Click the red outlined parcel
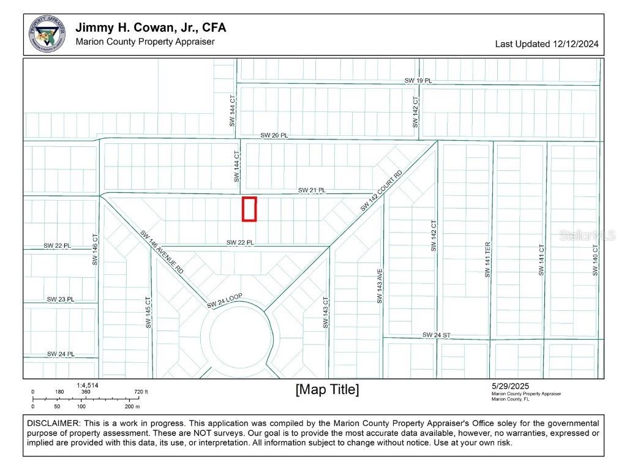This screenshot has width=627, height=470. click(x=249, y=209)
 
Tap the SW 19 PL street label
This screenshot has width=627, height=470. click(x=418, y=81)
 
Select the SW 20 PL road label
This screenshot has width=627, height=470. click(x=274, y=135)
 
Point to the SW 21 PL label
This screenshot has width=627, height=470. click(x=312, y=190)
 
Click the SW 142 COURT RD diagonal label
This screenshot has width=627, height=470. click(x=381, y=192)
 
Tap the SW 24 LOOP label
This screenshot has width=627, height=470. click(x=224, y=300)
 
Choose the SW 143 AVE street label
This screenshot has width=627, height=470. click(x=380, y=288)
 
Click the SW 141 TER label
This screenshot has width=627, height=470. click(x=488, y=260)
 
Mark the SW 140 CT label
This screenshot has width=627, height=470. click(x=595, y=260)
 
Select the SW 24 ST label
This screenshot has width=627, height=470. click(x=437, y=335)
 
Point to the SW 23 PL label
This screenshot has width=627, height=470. click(x=61, y=299)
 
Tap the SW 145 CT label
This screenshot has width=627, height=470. click(x=148, y=313)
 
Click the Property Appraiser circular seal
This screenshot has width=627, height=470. click(x=47, y=34)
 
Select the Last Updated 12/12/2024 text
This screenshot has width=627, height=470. click(x=547, y=44)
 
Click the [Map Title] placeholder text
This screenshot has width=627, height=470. click(x=327, y=389)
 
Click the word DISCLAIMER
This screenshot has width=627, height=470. click(x=53, y=423)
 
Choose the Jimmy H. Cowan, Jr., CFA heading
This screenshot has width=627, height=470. click(x=151, y=28)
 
